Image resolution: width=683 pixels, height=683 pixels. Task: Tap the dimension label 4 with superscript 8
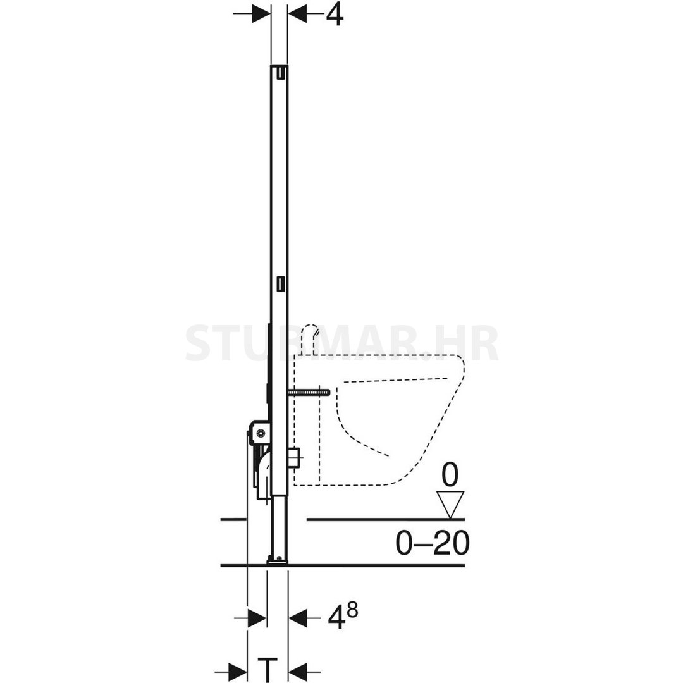pyautogui.click(x=343, y=616)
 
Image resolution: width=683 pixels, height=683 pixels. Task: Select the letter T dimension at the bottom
pyautogui.click(x=268, y=668)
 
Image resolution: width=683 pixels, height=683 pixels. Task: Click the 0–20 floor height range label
pyautogui.click(x=433, y=543)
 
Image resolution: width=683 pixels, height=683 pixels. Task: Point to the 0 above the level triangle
pyautogui.click(x=450, y=475)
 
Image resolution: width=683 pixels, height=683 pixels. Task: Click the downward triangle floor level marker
pyautogui.click(x=451, y=505)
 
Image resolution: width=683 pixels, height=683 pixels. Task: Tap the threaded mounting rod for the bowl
pyautogui.click(x=309, y=393)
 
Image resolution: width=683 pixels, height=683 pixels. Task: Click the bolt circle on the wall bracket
pyautogui.click(x=260, y=433)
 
